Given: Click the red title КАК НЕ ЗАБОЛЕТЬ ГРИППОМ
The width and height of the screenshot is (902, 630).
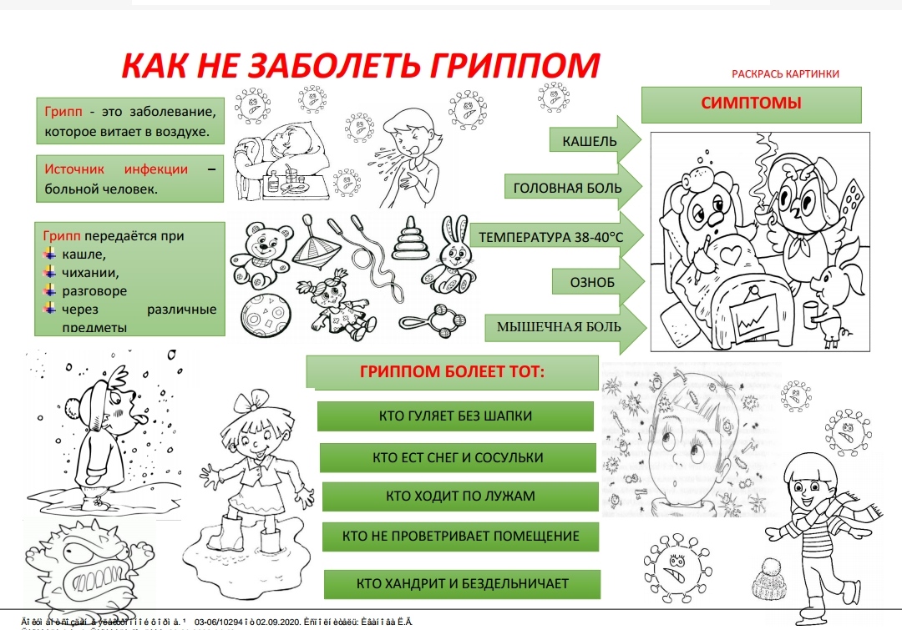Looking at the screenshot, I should (361, 66).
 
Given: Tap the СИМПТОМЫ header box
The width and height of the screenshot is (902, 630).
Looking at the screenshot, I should (751, 104).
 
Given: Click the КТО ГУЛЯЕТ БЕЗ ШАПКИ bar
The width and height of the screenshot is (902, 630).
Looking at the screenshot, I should (455, 416).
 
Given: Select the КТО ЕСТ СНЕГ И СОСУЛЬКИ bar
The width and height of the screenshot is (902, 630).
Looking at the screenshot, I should (458, 457).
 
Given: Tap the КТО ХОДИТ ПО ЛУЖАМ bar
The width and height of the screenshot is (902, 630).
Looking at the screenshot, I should (460, 496).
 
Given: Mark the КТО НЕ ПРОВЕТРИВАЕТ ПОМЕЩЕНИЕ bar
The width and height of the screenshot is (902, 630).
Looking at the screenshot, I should (460, 536).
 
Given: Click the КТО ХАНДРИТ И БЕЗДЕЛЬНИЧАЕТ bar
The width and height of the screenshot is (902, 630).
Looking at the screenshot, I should (462, 583).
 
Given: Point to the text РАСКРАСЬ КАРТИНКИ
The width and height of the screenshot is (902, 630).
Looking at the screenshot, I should (785, 74).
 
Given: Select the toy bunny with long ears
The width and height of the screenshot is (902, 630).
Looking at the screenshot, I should (451, 254).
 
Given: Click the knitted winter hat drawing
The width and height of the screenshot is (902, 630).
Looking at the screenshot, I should (769, 577).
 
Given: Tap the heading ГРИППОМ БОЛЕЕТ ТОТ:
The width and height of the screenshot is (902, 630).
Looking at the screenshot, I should (452, 371).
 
